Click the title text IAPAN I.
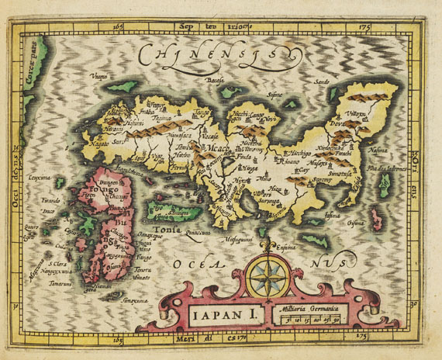tap(210, 314)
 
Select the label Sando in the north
tap(322, 80)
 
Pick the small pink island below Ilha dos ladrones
tap(378, 216)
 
